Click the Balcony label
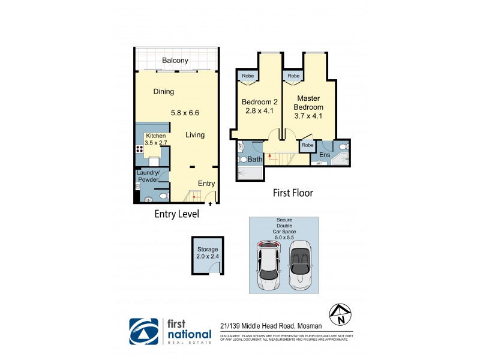coord(175,60)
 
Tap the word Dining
coord(163,92)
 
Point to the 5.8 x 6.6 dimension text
coord(185,112)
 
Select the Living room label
coord(195,135)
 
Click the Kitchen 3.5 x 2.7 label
coord(152,140)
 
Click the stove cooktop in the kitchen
coord(139,150)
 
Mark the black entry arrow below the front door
coord(209,204)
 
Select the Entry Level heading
coord(176,214)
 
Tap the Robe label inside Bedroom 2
coord(247,76)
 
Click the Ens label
coord(325,155)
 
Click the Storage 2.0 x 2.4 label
coord(207,253)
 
